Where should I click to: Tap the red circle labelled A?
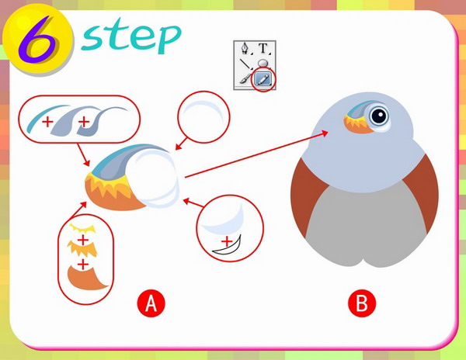151,303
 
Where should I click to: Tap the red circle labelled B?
362,303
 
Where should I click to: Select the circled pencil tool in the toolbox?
263,78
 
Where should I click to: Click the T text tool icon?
263,48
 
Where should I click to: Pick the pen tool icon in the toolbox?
245,48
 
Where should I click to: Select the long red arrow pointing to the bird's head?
256,155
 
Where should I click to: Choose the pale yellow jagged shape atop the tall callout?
82,230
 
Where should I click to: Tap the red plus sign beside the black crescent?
227,241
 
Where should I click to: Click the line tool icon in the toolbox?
245,64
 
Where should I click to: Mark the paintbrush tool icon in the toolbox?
245,79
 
